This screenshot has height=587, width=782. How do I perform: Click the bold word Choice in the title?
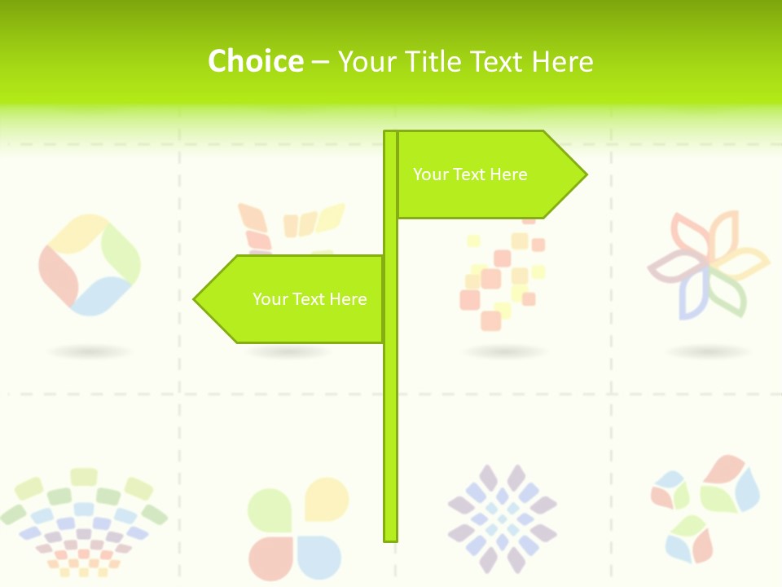click(x=255, y=61)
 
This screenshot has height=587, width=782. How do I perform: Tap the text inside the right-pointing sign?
click(x=470, y=174)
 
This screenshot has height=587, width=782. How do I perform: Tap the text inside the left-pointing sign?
click(x=310, y=299)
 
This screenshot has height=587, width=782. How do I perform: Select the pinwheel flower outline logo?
click(x=707, y=264)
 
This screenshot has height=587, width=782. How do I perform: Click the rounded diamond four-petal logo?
click(x=90, y=265)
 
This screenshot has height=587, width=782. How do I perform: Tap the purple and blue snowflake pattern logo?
click(x=502, y=518)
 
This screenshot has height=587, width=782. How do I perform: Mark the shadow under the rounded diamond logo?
click(x=90, y=352)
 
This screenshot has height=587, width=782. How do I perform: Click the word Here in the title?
click(x=562, y=62)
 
